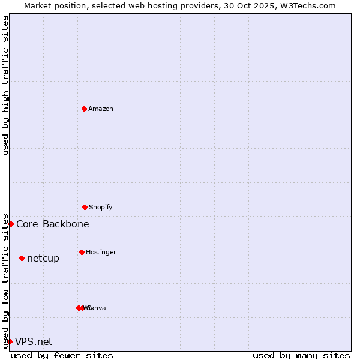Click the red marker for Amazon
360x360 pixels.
pyautogui.click(x=85, y=109)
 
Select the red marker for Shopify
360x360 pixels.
pyautogui.click(x=85, y=207)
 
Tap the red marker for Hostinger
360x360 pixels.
pyautogui.click(x=82, y=252)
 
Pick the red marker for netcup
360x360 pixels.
pyautogui.click(x=22, y=258)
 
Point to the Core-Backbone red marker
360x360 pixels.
pyautogui.click(x=11, y=224)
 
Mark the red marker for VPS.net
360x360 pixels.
pyautogui.click(x=10, y=341)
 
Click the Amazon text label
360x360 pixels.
pyautogui.click(x=101, y=109)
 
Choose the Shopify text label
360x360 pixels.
pyautogui.click(x=101, y=207)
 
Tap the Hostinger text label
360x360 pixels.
pyautogui.click(x=101, y=252)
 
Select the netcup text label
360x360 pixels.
pyautogui.click(x=43, y=258)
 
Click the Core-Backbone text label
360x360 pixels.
pyautogui.click(x=53, y=224)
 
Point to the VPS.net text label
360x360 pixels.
pyautogui.click(x=34, y=341)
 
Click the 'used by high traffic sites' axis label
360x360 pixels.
pyautogui.click(x=5, y=85)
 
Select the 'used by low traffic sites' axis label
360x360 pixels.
pyautogui.click(x=5, y=280)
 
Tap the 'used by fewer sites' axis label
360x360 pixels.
pyautogui.click(x=62, y=355)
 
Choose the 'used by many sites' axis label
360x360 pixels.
pyautogui.click(x=301, y=355)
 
